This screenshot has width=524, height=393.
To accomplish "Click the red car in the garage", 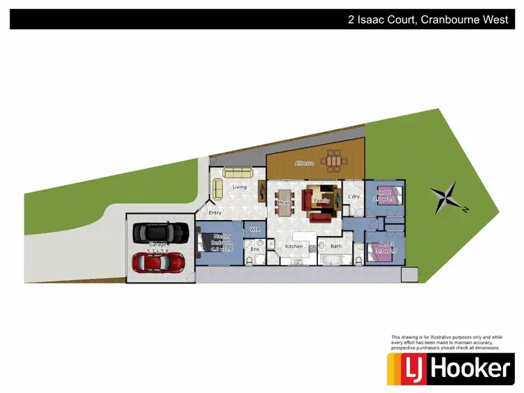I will pos(158,262).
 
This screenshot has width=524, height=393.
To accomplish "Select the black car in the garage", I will pos(161,230).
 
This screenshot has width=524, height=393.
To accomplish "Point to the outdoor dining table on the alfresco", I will pos(336,162).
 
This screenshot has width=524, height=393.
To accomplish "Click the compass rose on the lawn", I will pos(444,198).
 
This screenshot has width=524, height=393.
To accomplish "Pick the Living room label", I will pos(240,187).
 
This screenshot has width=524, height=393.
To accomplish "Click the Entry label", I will pos(214,213).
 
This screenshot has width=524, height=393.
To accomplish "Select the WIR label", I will pos(255,229).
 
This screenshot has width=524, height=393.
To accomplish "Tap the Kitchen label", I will pos(294,246).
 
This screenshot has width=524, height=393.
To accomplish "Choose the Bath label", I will pos(336,246).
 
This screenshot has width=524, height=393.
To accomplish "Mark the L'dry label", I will pos(354,196).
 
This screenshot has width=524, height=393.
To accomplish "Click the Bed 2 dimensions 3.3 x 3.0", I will pos(384,200).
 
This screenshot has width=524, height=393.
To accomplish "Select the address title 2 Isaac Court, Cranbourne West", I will pos(428,20).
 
